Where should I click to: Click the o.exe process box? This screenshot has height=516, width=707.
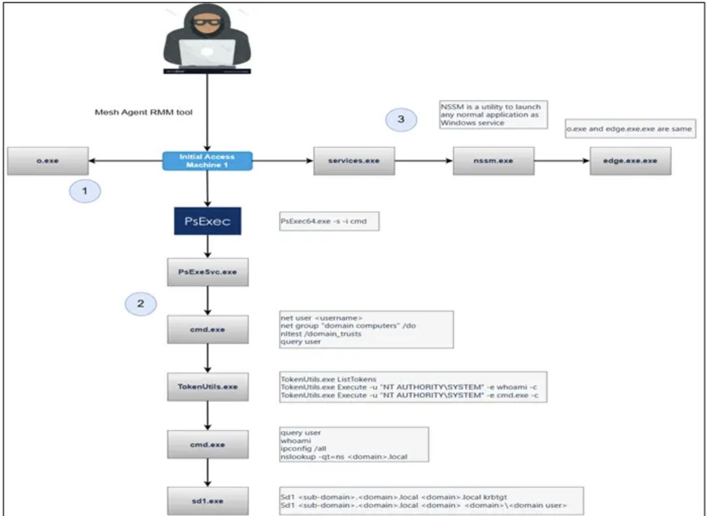click(x=48, y=161)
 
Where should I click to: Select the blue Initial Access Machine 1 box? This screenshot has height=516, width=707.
click(x=207, y=161)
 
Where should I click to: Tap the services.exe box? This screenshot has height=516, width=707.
click(x=354, y=161)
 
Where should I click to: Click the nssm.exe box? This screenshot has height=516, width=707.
click(x=493, y=161)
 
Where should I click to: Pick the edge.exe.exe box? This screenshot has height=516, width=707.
click(x=630, y=161)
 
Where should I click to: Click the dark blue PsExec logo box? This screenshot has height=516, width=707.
click(x=207, y=221)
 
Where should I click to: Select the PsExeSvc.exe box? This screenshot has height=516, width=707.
click(x=207, y=272)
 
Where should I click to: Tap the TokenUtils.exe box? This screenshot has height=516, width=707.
click(x=207, y=387)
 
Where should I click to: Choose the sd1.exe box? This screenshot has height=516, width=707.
click(x=207, y=501)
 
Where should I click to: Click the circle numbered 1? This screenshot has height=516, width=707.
click(x=85, y=191)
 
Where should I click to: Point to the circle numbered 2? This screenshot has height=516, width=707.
click(x=141, y=304)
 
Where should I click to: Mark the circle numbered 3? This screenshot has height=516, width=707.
click(x=401, y=119)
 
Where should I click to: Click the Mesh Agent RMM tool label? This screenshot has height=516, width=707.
click(x=144, y=112)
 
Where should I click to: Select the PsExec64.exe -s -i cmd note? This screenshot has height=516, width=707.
click(x=329, y=221)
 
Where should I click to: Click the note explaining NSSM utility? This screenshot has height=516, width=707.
click(x=493, y=115)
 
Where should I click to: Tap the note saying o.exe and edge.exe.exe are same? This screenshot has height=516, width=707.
click(x=630, y=129)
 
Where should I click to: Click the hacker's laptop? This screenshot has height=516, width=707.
click(x=207, y=53)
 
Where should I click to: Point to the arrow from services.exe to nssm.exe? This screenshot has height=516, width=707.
click(x=424, y=161)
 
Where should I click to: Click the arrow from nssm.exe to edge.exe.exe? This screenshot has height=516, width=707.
click(x=562, y=161)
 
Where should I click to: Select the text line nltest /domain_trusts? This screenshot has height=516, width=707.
click(x=321, y=334)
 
